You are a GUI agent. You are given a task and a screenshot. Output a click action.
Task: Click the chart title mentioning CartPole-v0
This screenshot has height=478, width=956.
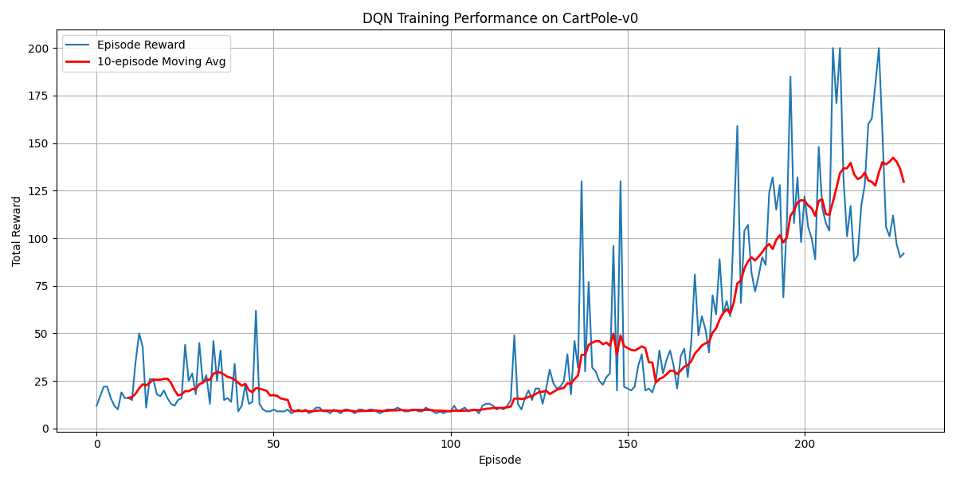(500, 18)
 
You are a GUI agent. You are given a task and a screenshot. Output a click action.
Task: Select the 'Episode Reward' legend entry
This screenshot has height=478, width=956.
(141, 45)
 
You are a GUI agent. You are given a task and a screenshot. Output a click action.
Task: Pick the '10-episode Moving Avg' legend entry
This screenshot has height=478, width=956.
(161, 61)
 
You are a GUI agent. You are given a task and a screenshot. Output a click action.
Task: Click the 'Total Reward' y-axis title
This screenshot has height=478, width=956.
(18, 230)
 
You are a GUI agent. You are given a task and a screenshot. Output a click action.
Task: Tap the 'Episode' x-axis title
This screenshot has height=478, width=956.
(500, 460)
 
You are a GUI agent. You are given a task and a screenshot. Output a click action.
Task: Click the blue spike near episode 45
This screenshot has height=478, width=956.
(256, 311)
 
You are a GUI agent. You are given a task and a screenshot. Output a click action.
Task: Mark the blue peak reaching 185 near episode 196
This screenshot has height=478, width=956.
(790, 77)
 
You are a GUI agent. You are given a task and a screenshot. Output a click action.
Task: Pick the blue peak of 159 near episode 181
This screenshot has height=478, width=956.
(737, 126)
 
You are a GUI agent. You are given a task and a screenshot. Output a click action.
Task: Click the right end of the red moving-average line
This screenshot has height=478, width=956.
(903, 182)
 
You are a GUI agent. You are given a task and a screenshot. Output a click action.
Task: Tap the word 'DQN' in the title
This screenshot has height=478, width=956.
(376, 18)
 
